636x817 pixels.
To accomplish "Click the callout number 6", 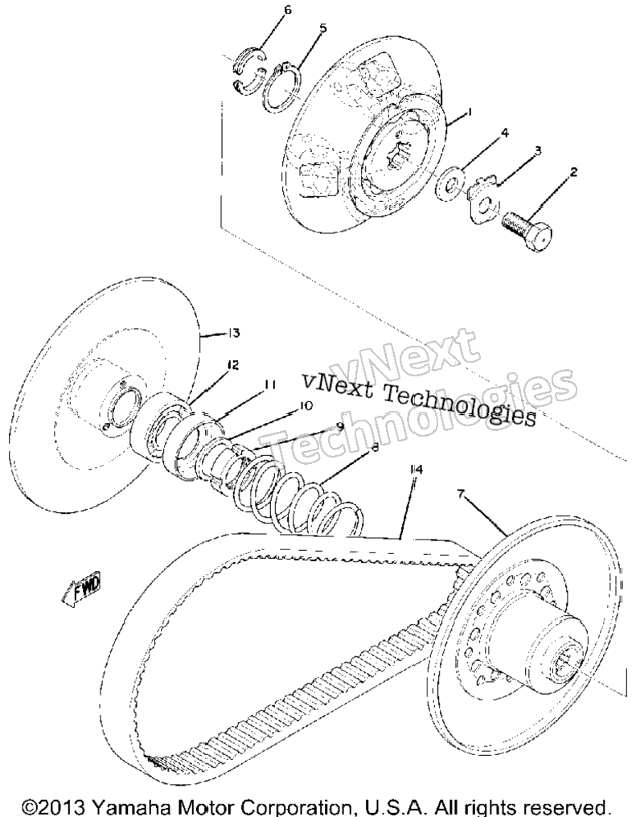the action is pos(288,10).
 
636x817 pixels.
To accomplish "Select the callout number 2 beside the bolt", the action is pos(573,172).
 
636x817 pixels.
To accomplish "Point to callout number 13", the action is pos(233,332).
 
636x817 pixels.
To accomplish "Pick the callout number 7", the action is pos(461,495).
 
